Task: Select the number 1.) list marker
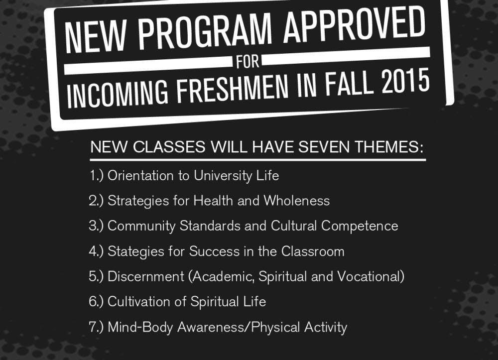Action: point(97,176)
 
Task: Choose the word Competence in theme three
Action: point(360,226)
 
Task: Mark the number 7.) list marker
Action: point(97,327)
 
